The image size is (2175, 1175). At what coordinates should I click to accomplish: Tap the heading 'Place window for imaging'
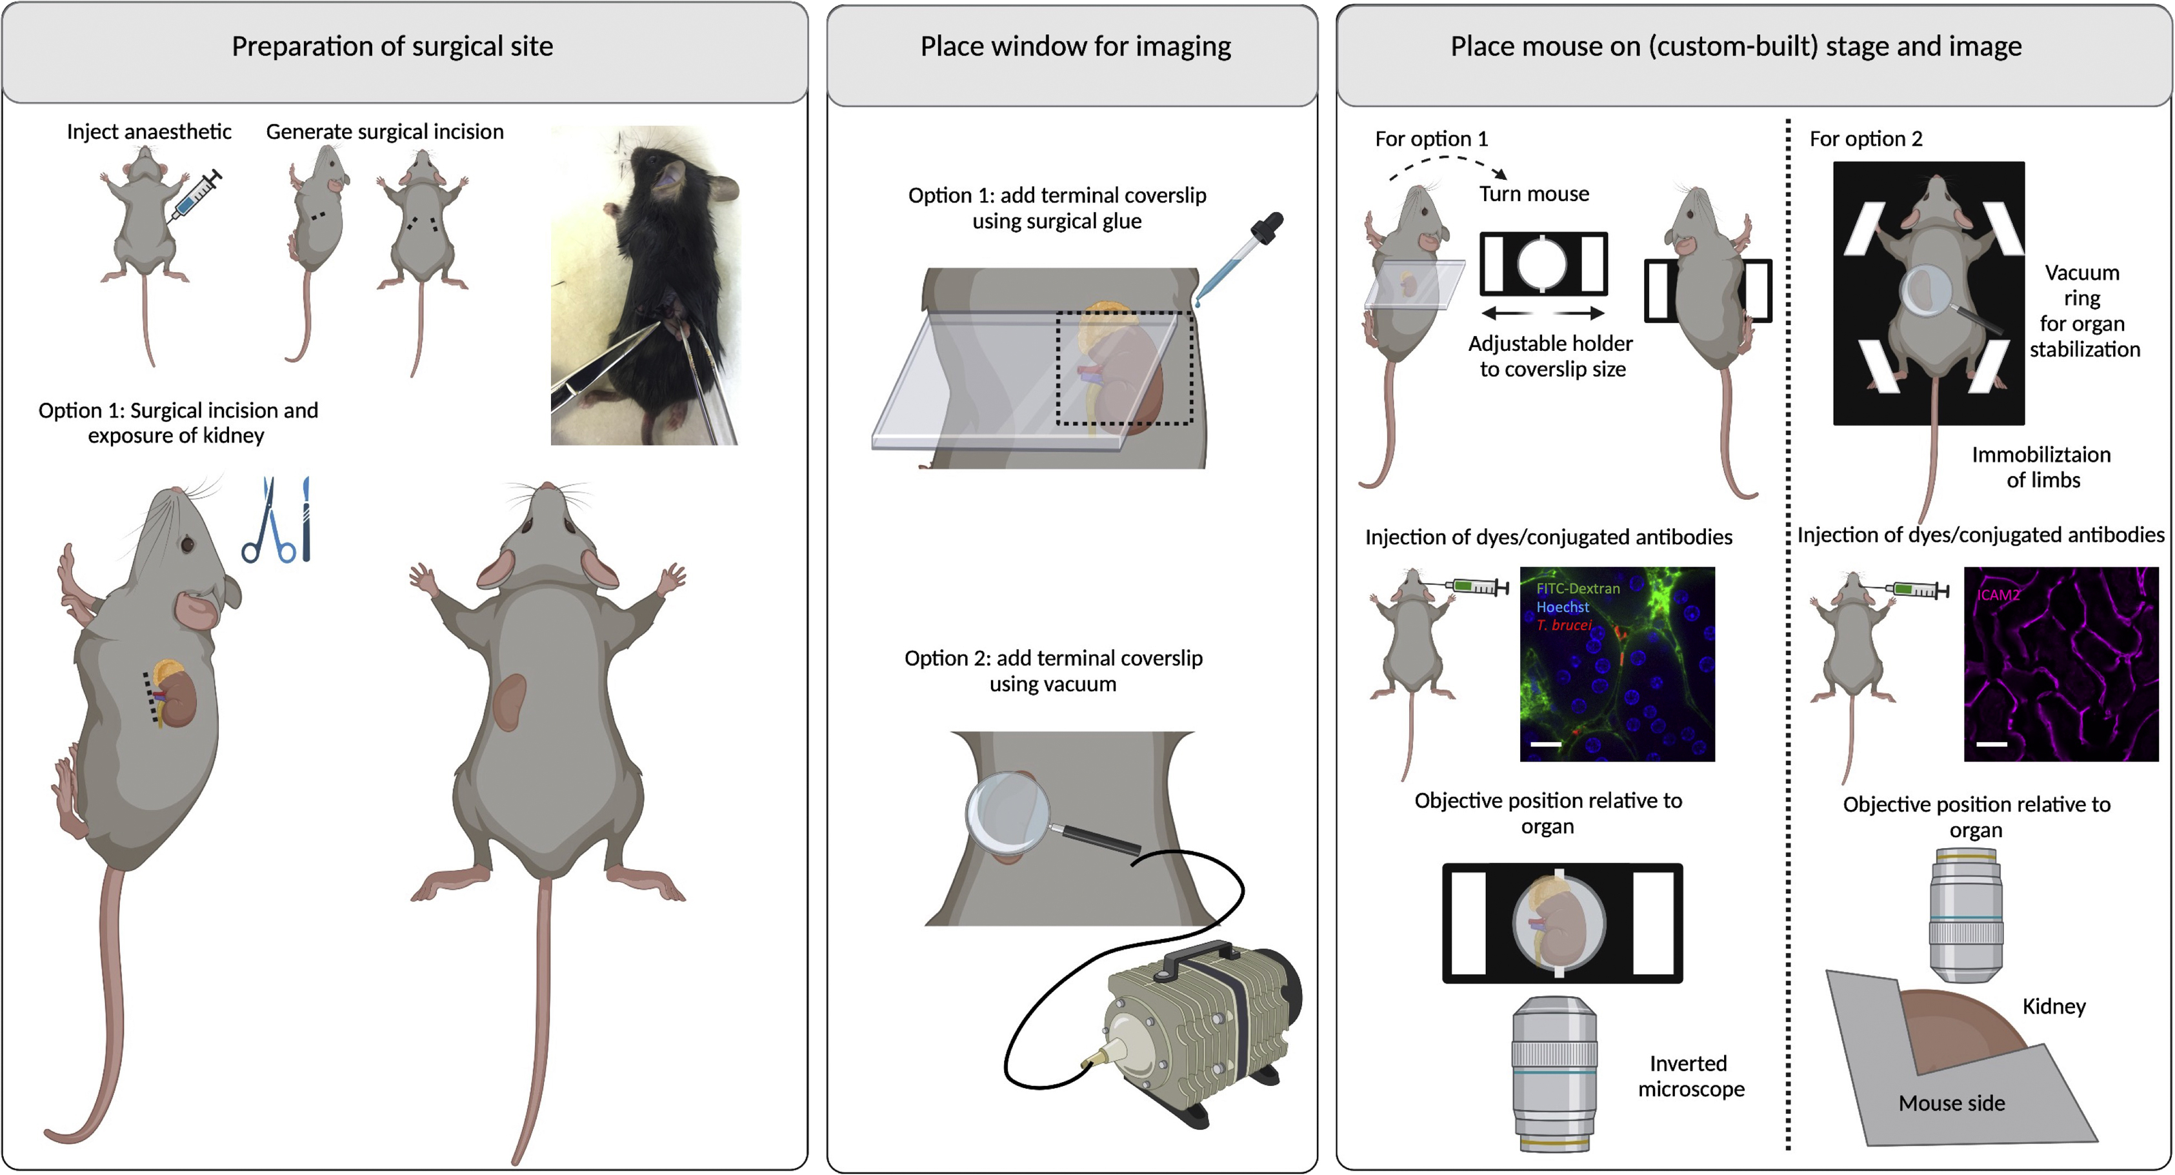pos(1075,46)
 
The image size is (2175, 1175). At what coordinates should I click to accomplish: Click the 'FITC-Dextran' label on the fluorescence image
pos(1577,588)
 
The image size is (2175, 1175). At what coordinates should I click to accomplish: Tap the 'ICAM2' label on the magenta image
pos(1998,595)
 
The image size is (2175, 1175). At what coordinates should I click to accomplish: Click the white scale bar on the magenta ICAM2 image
pos(1991,744)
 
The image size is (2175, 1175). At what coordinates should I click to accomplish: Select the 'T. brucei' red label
pos(1564,626)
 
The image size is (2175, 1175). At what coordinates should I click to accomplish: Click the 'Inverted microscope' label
pos(1690,1076)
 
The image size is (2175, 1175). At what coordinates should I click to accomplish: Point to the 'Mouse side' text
pos(1950,1103)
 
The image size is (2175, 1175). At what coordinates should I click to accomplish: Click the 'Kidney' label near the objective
pos(2054,1006)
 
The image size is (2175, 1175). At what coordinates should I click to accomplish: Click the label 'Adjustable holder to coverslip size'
pos(1550,356)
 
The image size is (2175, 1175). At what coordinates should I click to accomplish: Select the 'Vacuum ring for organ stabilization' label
pos(2084,311)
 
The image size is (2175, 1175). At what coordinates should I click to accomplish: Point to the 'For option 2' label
pos(1865,139)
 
